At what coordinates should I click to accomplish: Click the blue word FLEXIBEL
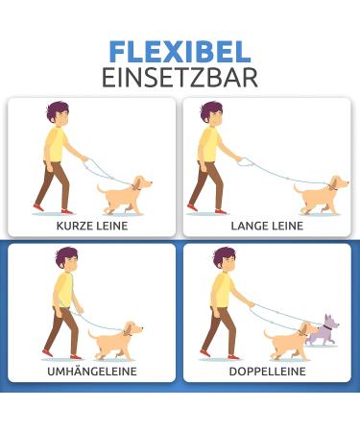[x=180, y=51]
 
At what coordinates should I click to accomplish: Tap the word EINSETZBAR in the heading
[x=180, y=77]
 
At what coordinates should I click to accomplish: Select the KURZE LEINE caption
[x=92, y=226]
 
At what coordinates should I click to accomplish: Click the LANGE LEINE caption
[x=267, y=226]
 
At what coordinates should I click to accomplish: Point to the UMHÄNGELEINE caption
[x=92, y=371]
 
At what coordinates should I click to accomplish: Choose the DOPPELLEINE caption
[x=267, y=371]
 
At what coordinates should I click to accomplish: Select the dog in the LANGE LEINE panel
[x=320, y=195]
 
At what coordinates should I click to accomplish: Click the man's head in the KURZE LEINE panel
[x=57, y=114]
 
